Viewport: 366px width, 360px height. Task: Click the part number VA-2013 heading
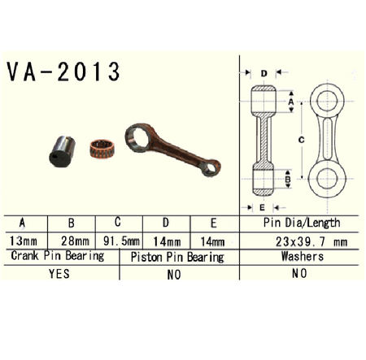63,72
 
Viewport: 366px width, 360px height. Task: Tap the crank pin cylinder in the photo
62,151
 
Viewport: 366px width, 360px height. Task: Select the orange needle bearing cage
102,149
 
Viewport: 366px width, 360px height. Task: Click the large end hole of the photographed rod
138,137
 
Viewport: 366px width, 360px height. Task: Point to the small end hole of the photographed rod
211,168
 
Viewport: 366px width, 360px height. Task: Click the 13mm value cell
23,241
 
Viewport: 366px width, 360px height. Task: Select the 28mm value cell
75,241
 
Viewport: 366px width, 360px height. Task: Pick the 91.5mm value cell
121,241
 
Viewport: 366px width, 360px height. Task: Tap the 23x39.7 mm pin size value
312,241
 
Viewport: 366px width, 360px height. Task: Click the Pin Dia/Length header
302,223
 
